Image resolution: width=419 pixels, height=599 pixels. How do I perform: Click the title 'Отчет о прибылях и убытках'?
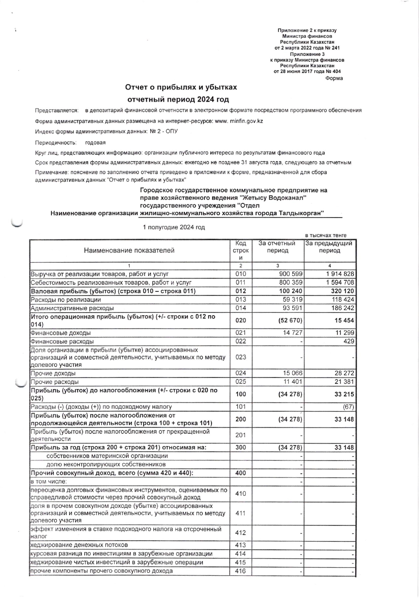(x=181, y=87)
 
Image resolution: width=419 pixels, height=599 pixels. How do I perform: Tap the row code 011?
(x=241, y=282)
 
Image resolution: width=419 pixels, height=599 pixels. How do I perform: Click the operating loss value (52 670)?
(x=290, y=320)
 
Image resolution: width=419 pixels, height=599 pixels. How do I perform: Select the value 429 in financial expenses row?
(x=349, y=341)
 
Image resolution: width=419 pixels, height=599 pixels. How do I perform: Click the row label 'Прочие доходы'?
(x=53, y=373)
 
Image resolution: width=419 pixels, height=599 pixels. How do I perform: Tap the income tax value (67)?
(x=348, y=407)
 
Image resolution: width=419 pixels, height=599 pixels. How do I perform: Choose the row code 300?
(x=241, y=448)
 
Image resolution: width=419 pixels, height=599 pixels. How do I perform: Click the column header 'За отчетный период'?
(x=277, y=247)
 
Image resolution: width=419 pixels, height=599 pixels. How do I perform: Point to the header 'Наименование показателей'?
(x=129, y=250)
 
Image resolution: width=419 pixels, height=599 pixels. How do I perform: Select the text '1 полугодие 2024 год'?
(x=174, y=227)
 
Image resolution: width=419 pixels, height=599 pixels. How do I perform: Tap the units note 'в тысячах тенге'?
(x=326, y=235)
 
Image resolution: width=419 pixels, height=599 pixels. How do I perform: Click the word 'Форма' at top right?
(x=334, y=78)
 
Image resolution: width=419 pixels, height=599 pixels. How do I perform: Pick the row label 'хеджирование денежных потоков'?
(x=79, y=545)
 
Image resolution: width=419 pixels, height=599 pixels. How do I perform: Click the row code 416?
(x=241, y=571)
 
